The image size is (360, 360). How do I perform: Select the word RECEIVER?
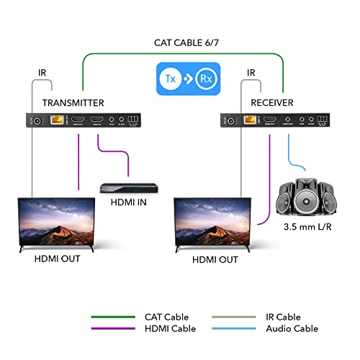(x=272, y=103)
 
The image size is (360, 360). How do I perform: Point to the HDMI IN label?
(x=127, y=202)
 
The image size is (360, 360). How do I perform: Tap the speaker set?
(x=307, y=196)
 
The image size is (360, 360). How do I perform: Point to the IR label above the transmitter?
(x=42, y=73)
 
